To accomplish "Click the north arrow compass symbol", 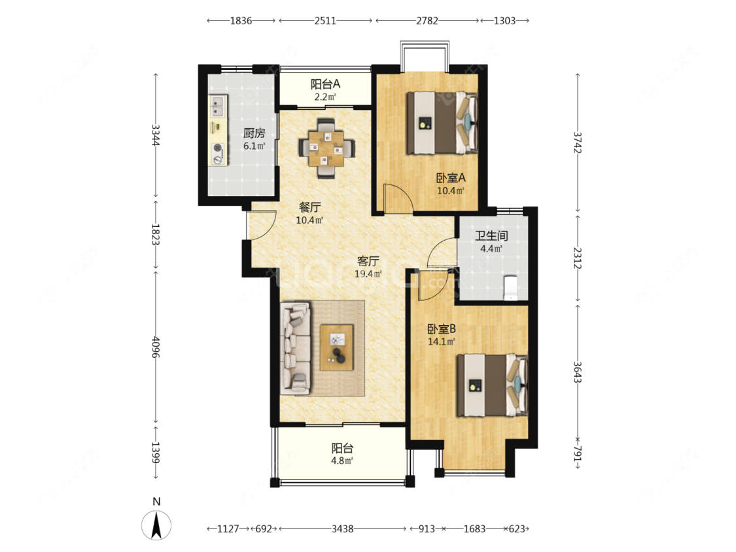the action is (156, 525).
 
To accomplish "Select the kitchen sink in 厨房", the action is (218, 106).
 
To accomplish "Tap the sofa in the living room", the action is (296, 348).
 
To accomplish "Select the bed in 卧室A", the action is (442, 123).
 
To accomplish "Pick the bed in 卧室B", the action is (493, 385).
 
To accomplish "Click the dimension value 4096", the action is (155, 347).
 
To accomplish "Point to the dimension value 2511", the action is (325, 21).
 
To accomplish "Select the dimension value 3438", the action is (342, 529).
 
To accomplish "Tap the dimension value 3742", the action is (578, 142).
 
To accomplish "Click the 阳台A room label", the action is (325, 84).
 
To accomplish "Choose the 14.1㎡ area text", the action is (441, 341).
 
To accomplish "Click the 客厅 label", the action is (368, 261).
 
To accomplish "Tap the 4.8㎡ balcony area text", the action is (342, 460).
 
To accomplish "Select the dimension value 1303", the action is (504, 21).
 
